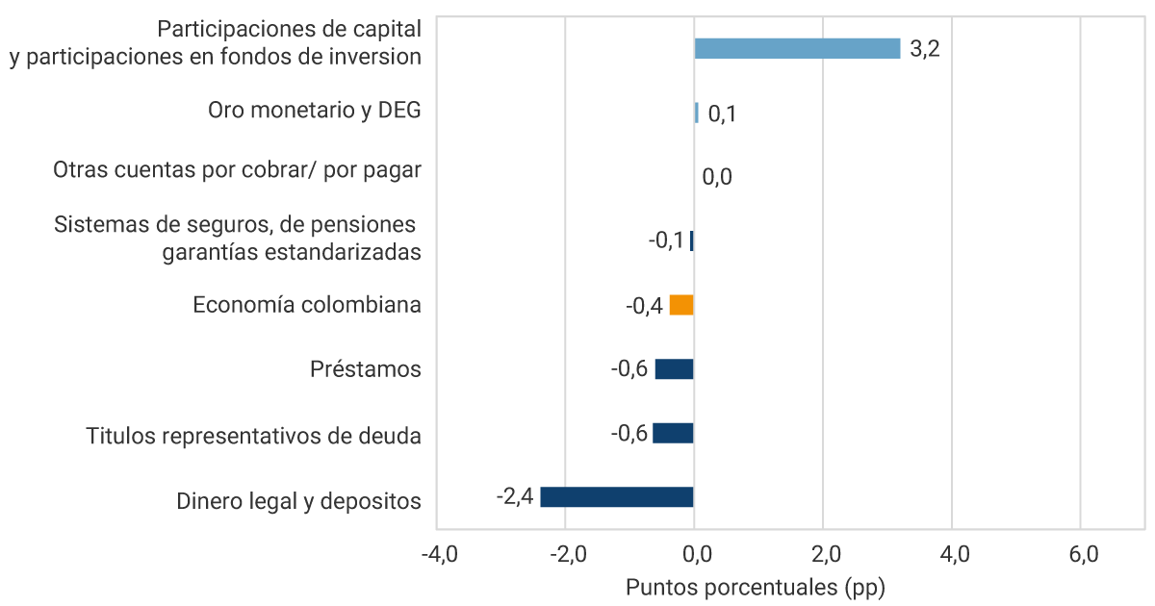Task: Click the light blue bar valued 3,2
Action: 797,48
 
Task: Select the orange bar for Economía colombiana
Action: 681,305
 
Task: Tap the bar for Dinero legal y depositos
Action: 616,497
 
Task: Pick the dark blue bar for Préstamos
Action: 674,369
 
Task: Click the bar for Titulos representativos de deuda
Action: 673,433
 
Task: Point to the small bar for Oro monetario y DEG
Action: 697,113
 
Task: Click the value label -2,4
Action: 514,497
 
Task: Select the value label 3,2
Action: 924,49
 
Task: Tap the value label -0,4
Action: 644,306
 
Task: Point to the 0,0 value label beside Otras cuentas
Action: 717,177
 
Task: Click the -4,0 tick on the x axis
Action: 437,555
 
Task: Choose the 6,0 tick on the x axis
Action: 1082,555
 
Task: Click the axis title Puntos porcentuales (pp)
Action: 755,587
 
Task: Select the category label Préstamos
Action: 366,369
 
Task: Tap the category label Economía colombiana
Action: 306,305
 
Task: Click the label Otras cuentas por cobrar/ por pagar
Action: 237,170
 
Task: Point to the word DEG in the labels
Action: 399,110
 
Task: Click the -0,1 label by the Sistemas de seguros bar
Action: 666,240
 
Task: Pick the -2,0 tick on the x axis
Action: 566,555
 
